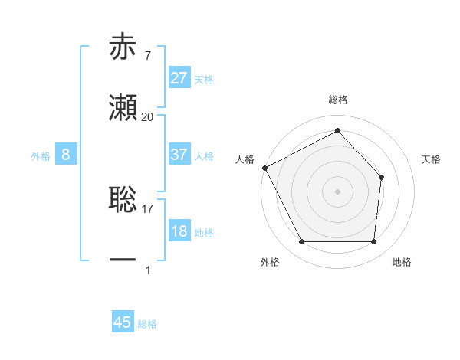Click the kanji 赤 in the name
123,47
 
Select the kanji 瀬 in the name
123,108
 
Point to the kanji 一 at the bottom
123,260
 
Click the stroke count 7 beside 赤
147,56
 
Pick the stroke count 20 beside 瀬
148,117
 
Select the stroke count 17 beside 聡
148,208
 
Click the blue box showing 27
179,78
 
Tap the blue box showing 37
179,155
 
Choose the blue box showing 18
179,231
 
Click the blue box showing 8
66,155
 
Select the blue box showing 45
123,322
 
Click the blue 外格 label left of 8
41,155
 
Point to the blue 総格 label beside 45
148,324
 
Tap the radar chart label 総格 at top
337,100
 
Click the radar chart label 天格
432,159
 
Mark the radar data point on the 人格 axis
265,168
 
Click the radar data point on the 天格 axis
382,177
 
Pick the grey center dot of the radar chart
337,191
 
